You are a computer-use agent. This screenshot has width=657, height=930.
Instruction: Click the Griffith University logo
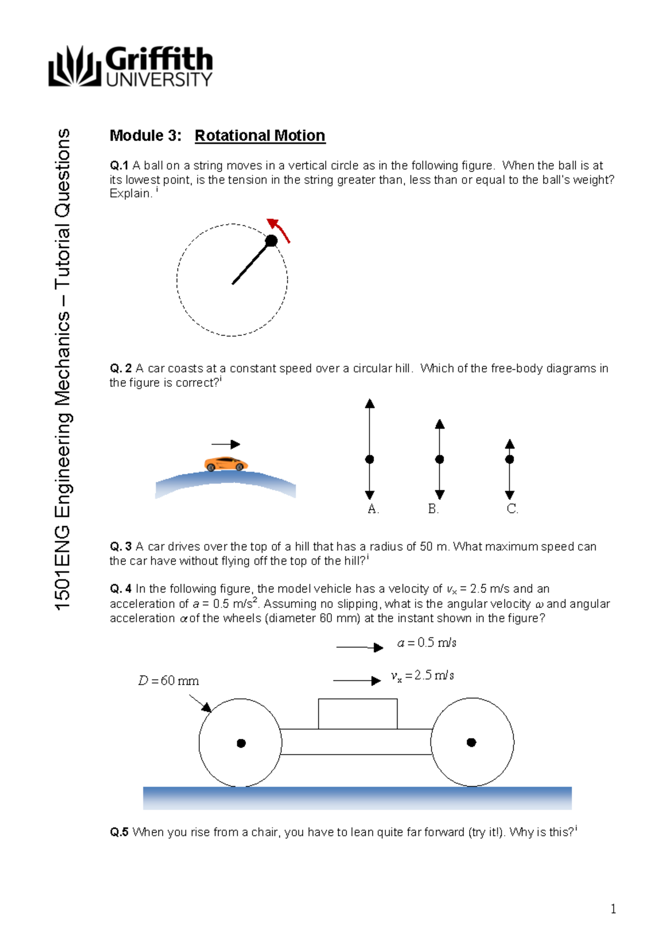tap(130, 66)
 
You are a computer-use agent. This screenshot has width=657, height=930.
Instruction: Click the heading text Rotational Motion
tap(260, 135)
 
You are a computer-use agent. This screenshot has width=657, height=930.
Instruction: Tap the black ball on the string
tap(271, 240)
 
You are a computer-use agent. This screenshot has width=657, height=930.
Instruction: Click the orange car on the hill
tap(226, 464)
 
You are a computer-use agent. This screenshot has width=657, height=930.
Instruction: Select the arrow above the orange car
tap(226, 444)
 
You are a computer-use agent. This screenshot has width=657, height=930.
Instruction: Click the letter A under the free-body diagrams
tap(373, 509)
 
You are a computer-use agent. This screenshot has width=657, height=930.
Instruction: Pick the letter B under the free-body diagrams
tap(433, 509)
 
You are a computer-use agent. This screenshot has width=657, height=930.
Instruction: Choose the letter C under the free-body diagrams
tap(512, 509)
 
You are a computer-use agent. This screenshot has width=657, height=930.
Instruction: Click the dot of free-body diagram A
tap(370, 459)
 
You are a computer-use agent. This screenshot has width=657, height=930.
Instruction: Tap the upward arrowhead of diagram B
tap(440, 424)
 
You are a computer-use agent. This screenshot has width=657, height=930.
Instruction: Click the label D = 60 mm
tap(168, 681)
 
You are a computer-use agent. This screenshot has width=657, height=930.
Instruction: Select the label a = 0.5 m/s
tap(427, 642)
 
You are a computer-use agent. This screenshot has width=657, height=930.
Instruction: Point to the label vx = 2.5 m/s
tap(422, 676)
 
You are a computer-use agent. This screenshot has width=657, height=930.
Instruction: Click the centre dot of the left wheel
tap(241, 743)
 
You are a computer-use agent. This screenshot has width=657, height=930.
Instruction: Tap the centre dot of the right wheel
tap(471, 742)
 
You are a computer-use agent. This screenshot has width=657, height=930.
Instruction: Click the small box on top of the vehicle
tap(358, 714)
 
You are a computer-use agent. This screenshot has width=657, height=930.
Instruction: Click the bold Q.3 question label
tap(120, 547)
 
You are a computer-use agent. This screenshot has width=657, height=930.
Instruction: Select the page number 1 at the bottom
tap(613, 909)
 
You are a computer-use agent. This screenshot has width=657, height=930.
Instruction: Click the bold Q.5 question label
tap(119, 833)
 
